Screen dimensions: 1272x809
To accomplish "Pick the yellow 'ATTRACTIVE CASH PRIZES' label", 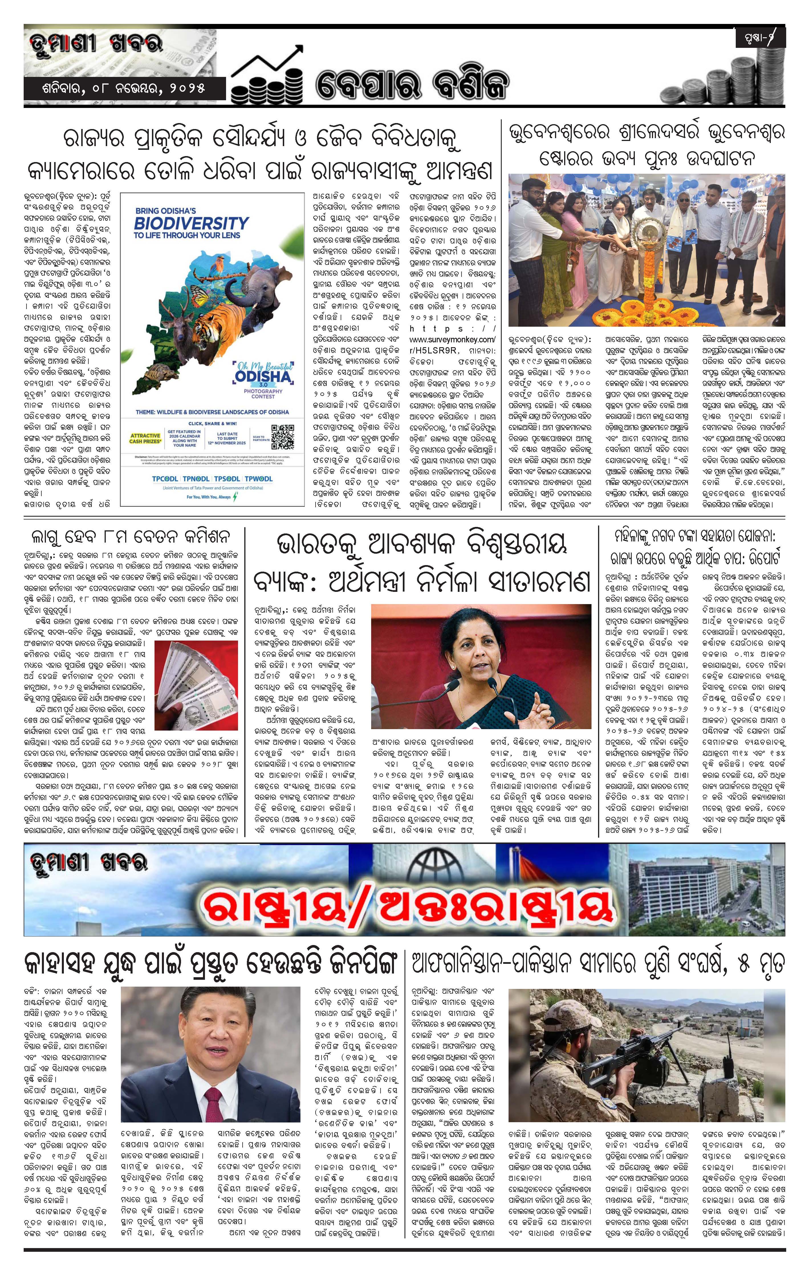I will tap(144, 438).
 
